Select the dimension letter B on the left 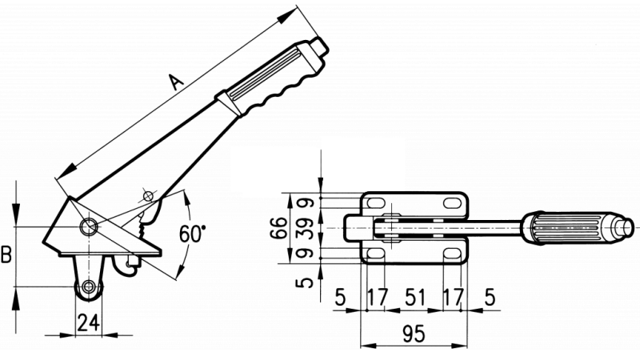pos(7,255)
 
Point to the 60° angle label pos(193,234)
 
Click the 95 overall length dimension pos(413,334)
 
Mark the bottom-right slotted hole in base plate pos(453,254)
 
